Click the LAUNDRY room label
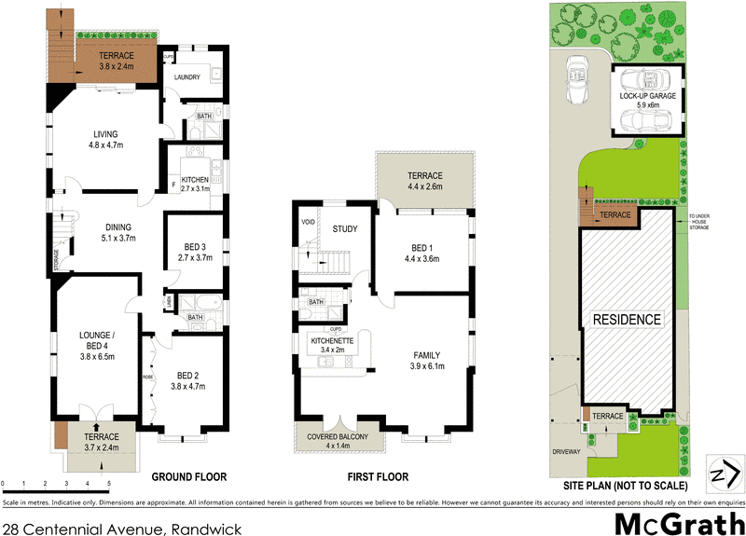(x=187, y=77)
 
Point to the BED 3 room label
(x=195, y=247)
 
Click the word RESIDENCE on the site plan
(x=627, y=320)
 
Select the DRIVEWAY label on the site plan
(x=565, y=452)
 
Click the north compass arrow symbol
(x=720, y=474)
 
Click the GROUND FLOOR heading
(x=189, y=477)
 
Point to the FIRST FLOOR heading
(x=378, y=477)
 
